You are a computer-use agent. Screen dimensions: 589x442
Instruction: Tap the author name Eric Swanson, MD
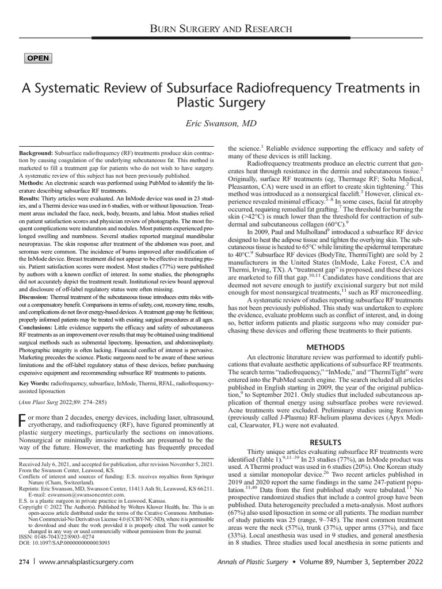[221, 124]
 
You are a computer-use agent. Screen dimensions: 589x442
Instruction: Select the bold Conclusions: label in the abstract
[39, 344]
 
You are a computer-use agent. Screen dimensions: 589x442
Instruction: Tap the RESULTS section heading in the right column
[325, 442]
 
